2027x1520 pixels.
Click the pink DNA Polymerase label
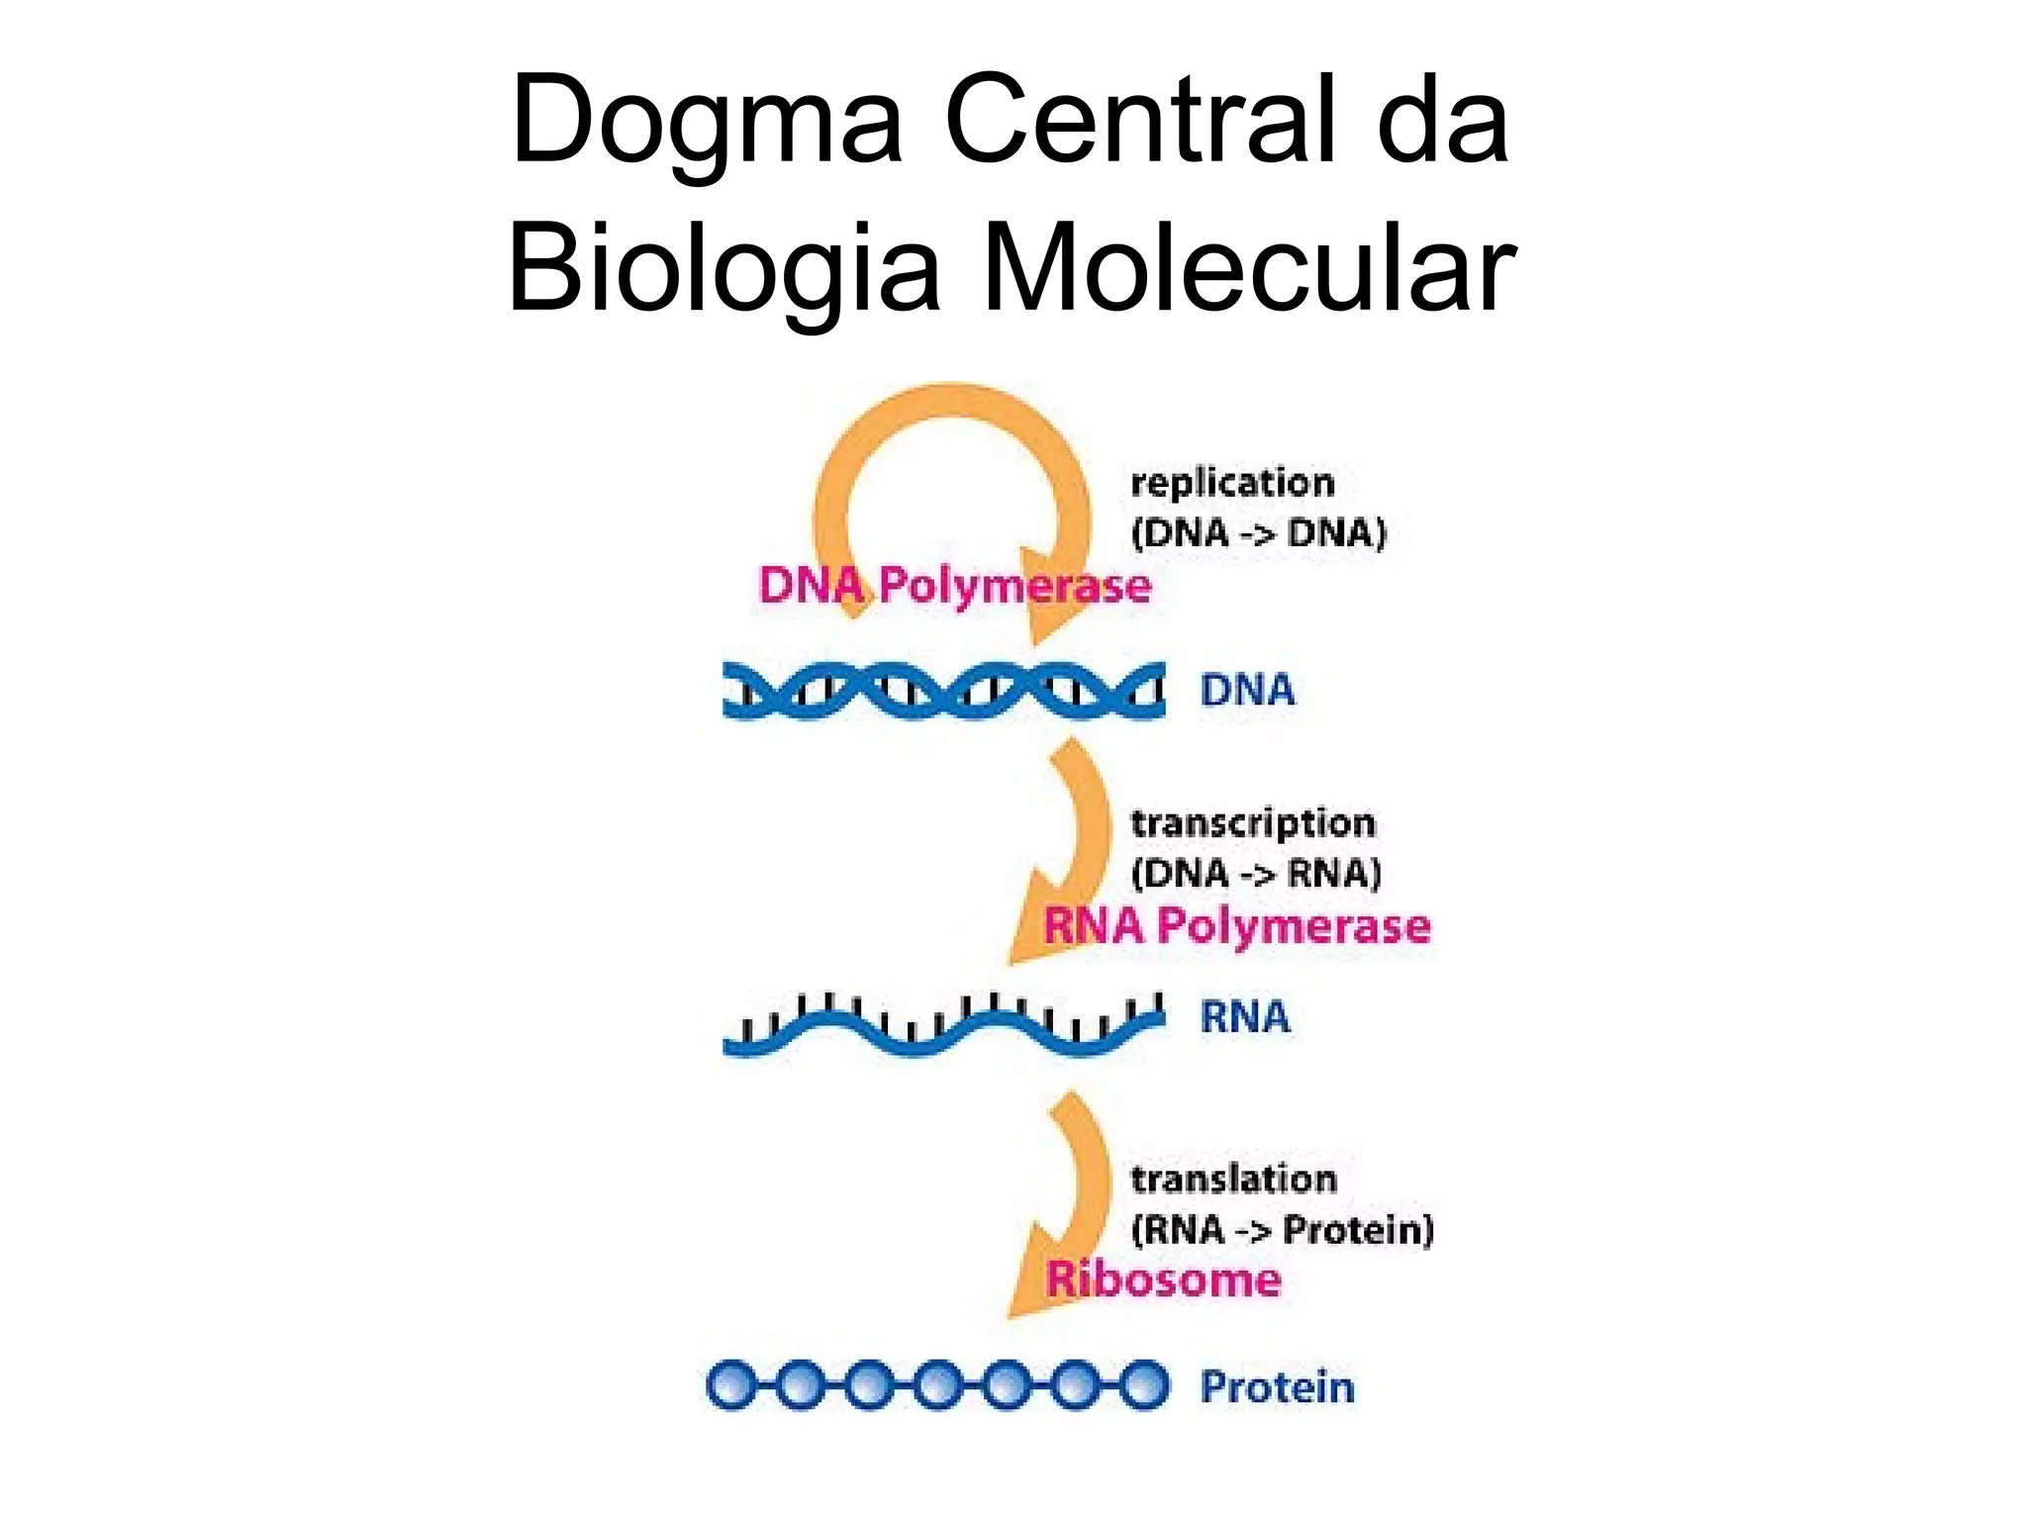(954, 586)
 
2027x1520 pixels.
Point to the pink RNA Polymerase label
(1237, 926)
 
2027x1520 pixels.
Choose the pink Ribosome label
(1164, 1280)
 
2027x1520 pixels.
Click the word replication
(1232, 483)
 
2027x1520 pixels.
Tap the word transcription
(1253, 823)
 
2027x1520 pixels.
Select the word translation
(1233, 1179)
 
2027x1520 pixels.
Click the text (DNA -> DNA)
(1259, 533)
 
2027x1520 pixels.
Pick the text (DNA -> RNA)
(1256, 874)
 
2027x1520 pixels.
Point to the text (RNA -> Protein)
(1282, 1230)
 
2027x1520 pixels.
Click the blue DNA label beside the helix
(1247, 690)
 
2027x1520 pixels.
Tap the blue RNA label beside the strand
(1245, 1016)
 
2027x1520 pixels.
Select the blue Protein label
(1277, 1386)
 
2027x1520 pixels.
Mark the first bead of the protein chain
(731, 1385)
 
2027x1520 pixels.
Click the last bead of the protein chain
(1144, 1385)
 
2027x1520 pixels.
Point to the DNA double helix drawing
(943, 690)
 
